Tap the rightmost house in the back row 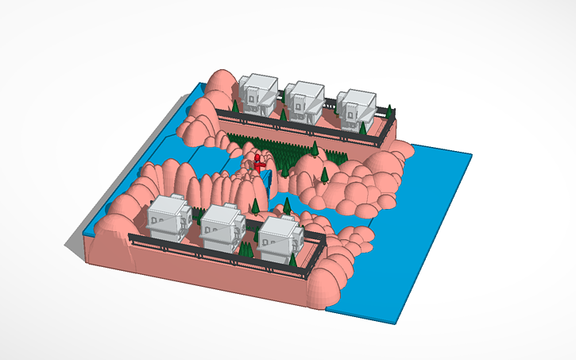[x=356, y=106]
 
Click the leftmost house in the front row [x=168, y=216]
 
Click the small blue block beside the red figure [x=268, y=179]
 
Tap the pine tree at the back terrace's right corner [x=362, y=127]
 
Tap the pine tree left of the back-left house [x=235, y=106]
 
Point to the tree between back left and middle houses [x=283, y=115]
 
